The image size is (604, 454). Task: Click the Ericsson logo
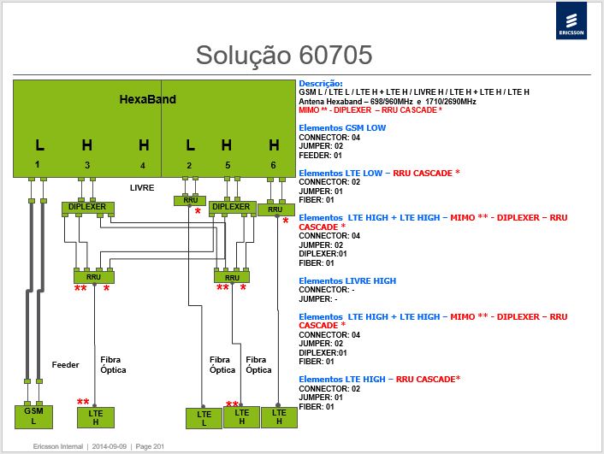pyautogui.click(x=571, y=21)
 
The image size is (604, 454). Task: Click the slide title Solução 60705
pyautogui.click(x=284, y=55)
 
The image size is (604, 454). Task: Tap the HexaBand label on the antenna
pyautogui.click(x=147, y=99)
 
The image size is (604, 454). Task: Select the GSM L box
pyautogui.click(x=33, y=416)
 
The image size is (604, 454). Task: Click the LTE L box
pyautogui.click(x=204, y=419)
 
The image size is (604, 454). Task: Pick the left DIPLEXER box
pyautogui.click(x=88, y=208)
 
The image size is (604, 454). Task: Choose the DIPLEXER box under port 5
pyautogui.click(x=232, y=208)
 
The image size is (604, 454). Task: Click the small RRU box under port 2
pyautogui.click(x=190, y=201)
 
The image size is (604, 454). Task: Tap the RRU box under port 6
pyautogui.click(x=275, y=209)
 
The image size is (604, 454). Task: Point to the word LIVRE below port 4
pyautogui.click(x=142, y=188)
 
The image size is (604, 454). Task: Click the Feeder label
pyautogui.click(x=66, y=365)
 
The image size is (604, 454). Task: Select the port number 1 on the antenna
pyautogui.click(x=37, y=164)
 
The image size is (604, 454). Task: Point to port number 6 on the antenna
pyautogui.click(x=273, y=165)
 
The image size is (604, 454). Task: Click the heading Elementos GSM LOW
pyautogui.click(x=342, y=128)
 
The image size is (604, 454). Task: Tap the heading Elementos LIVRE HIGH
pyautogui.click(x=347, y=280)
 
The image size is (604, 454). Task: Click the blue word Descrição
pyautogui.click(x=321, y=83)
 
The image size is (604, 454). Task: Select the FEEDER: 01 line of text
pyautogui.click(x=321, y=156)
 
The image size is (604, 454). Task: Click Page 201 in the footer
pyautogui.click(x=150, y=446)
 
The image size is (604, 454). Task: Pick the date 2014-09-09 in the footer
pyautogui.click(x=110, y=446)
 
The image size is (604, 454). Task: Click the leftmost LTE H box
pyautogui.click(x=96, y=418)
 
